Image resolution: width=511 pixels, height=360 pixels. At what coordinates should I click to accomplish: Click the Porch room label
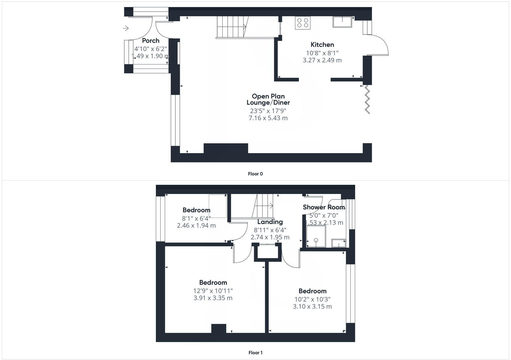pos(150,41)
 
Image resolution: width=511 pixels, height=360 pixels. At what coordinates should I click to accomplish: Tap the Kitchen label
pos(322,45)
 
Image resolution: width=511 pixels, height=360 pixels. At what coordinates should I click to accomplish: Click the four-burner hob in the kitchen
pos(302,23)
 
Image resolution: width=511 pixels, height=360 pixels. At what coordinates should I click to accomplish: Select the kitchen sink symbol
pos(342,22)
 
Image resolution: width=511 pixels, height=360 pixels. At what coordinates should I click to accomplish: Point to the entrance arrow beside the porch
pos(126,28)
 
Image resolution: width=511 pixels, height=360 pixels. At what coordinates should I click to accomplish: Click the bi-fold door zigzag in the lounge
pos(367,99)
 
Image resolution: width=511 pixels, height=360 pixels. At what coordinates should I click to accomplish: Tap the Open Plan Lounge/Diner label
pos(268,99)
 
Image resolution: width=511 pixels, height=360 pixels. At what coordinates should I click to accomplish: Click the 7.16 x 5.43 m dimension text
pos(268,118)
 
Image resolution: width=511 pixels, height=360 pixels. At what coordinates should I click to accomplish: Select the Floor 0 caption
pos(255,174)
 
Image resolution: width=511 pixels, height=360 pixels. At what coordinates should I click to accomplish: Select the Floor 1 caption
pos(255,353)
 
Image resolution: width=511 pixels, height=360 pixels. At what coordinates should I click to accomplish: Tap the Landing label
pos(270,222)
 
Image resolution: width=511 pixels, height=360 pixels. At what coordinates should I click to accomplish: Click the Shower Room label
pos(324,207)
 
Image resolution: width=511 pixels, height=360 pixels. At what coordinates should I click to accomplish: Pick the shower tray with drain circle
pos(316,236)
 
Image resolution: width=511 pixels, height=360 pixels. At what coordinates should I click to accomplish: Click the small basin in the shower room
pos(339,243)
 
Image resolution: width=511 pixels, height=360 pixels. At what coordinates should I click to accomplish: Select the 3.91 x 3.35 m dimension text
pos(213,298)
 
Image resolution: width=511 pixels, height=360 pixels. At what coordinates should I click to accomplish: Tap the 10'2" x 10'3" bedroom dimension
pos(312,299)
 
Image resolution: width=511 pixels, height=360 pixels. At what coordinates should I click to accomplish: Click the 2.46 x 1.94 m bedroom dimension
pos(196,226)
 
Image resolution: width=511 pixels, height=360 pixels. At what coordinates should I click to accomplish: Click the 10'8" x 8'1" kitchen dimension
pos(322,53)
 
